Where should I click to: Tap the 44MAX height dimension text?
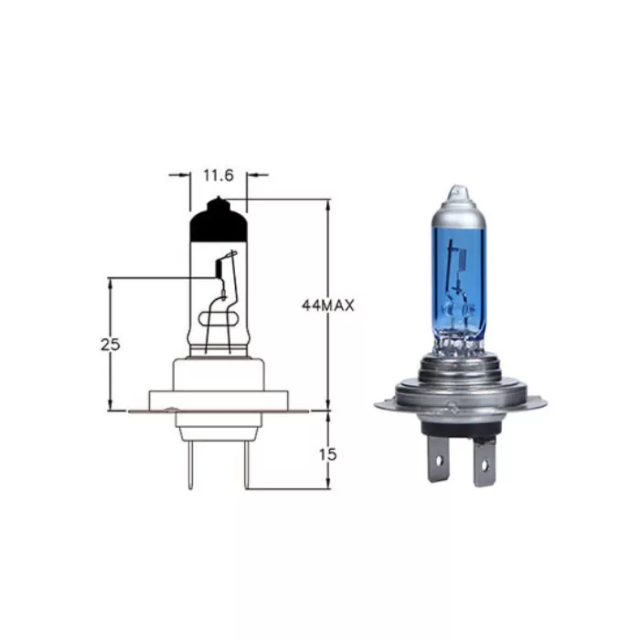click(x=327, y=306)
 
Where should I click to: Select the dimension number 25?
click(x=111, y=345)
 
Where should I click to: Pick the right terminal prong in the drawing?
click(x=244, y=466)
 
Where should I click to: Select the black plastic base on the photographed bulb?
click(x=459, y=425)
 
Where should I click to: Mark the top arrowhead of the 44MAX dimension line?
click(x=327, y=204)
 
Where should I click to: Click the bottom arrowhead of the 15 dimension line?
click(x=327, y=484)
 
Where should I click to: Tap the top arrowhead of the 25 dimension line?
click(x=111, y=282)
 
